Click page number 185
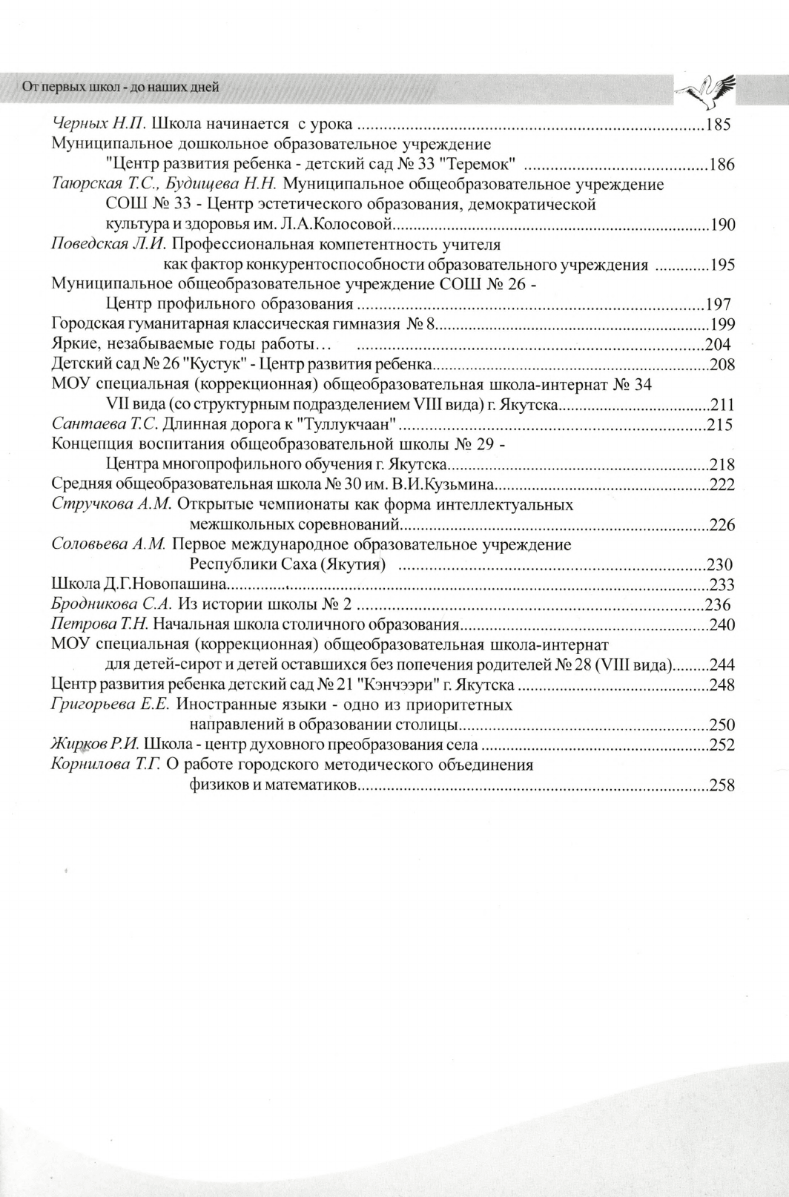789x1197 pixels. [718, 124]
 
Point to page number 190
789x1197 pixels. [722, 225]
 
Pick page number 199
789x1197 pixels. [722, 323]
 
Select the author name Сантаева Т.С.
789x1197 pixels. [105, 424]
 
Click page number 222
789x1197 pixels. [722, 485]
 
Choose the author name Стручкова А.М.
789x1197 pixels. [111, 504]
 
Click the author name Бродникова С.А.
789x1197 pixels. [111, 604]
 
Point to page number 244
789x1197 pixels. [722, 665]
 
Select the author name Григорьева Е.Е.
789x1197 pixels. [110, 704]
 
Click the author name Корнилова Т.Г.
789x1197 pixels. [106, 765]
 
